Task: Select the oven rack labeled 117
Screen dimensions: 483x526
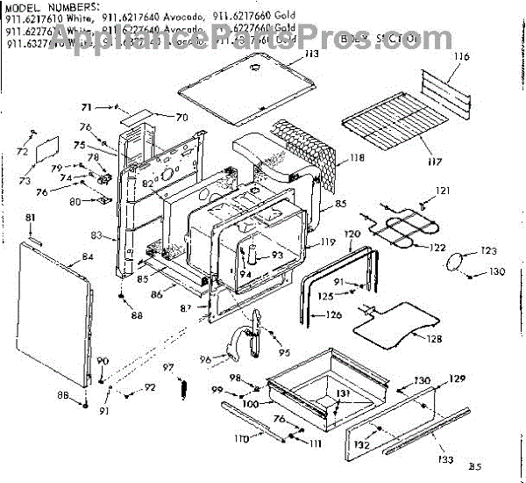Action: point(386,122)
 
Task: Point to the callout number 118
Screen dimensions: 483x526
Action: point(356,158)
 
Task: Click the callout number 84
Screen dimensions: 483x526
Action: point(87,257)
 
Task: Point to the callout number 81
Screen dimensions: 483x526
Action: point(30,217)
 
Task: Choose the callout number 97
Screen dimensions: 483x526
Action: point(167,366)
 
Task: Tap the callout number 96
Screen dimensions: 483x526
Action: point(204,358)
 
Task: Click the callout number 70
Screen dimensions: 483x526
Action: point(181,117)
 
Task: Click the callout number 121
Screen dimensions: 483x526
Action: point(443,191)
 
